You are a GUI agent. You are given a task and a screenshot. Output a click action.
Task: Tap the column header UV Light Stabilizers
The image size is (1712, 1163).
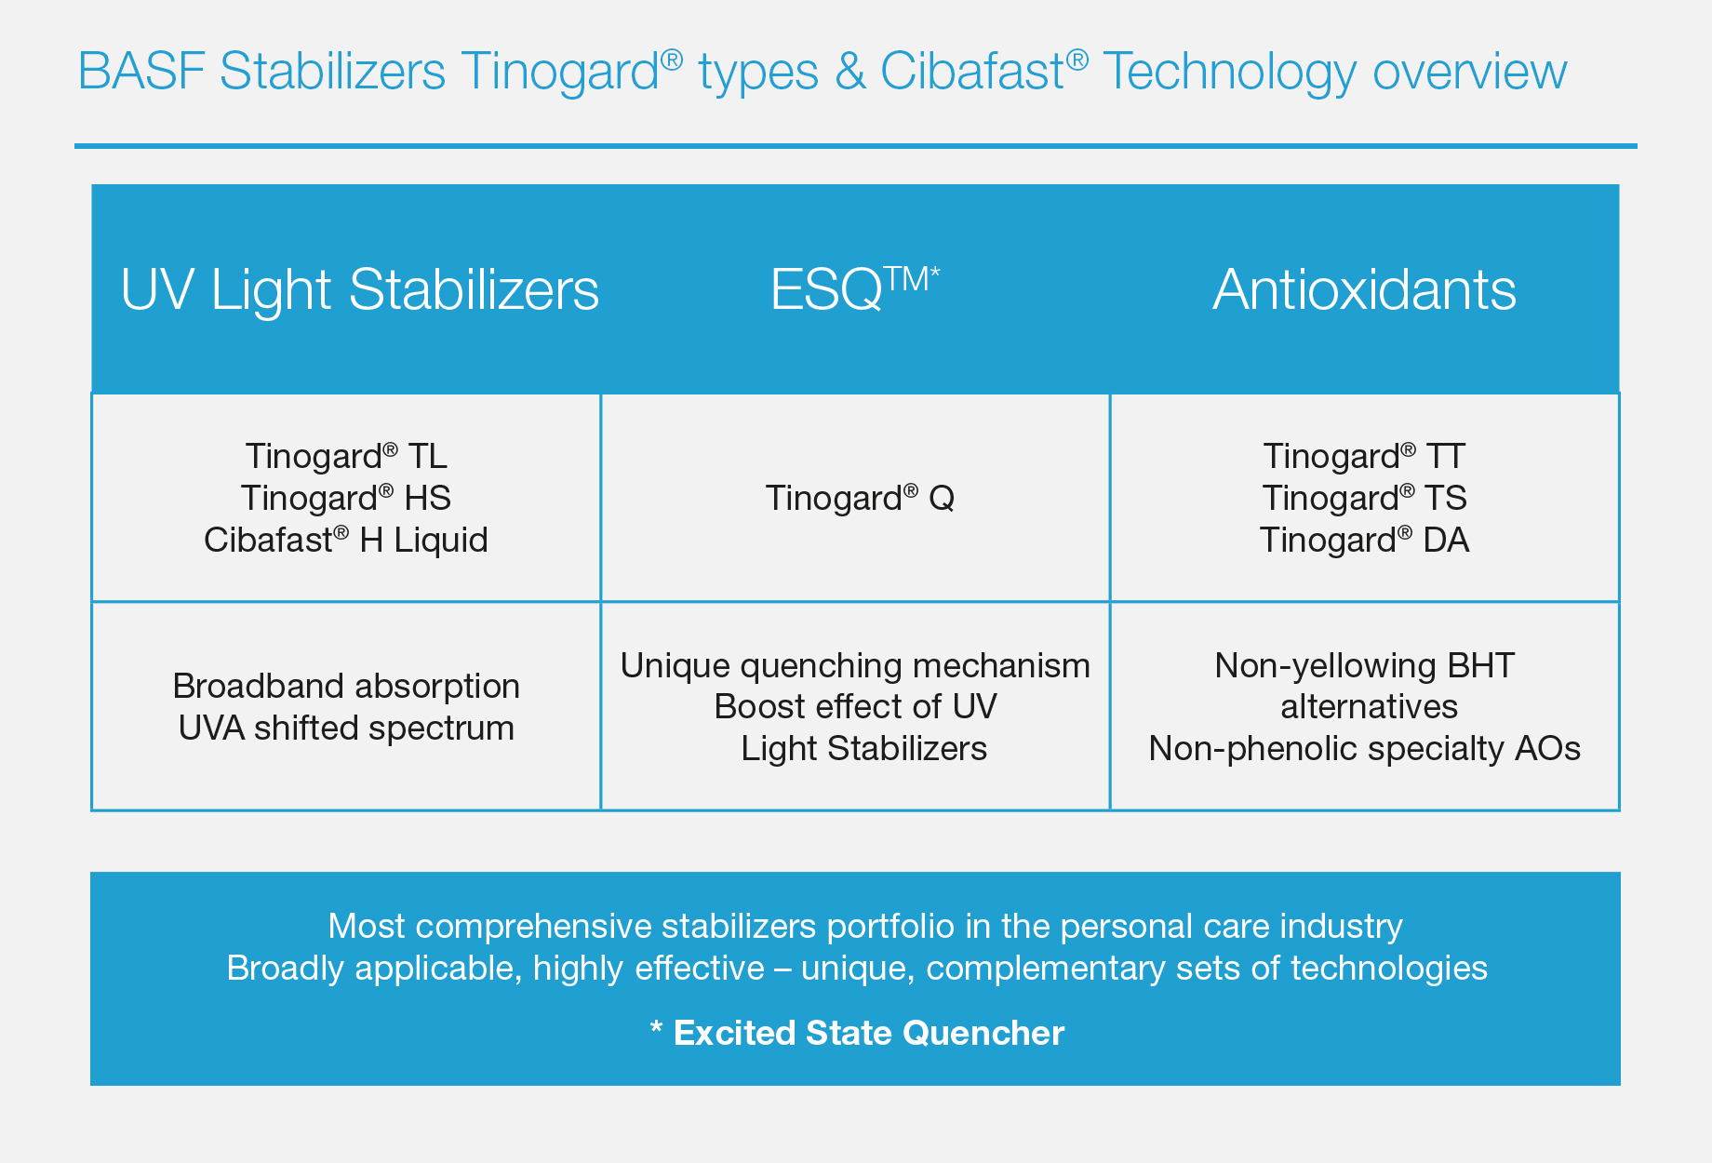(360, 290)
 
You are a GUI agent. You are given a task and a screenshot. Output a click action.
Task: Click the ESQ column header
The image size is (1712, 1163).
(855, 288)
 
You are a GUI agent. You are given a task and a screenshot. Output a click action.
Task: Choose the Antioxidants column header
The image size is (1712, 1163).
(1365, 289)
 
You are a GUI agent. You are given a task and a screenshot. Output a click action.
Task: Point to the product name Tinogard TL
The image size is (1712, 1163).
(346, 456)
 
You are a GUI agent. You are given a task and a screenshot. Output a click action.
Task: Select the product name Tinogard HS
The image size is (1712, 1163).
(346, 498)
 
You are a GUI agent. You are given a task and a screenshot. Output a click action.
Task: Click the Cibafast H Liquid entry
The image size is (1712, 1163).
(346, 540)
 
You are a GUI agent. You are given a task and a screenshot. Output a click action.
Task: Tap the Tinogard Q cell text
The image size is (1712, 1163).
(860, 498)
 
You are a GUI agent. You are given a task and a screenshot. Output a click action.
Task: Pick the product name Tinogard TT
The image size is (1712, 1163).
(1365, 456)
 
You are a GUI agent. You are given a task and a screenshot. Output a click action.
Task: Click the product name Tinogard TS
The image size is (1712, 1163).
(1365, 498)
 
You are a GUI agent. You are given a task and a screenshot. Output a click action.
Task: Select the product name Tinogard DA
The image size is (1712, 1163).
(1365, 540)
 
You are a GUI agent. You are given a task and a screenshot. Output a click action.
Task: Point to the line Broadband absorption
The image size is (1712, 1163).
(346, 687)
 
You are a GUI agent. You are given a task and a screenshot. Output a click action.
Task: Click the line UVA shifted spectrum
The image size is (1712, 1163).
(346, 729)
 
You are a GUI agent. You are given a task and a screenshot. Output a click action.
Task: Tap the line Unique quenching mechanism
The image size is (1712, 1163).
(855, 666)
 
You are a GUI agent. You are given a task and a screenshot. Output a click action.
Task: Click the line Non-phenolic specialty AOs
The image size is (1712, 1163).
(1365, 749)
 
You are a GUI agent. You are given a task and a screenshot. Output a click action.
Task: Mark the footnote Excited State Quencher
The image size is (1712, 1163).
(868, 1033)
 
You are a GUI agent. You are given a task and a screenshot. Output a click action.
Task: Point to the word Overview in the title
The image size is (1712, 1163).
(1470, 72)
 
